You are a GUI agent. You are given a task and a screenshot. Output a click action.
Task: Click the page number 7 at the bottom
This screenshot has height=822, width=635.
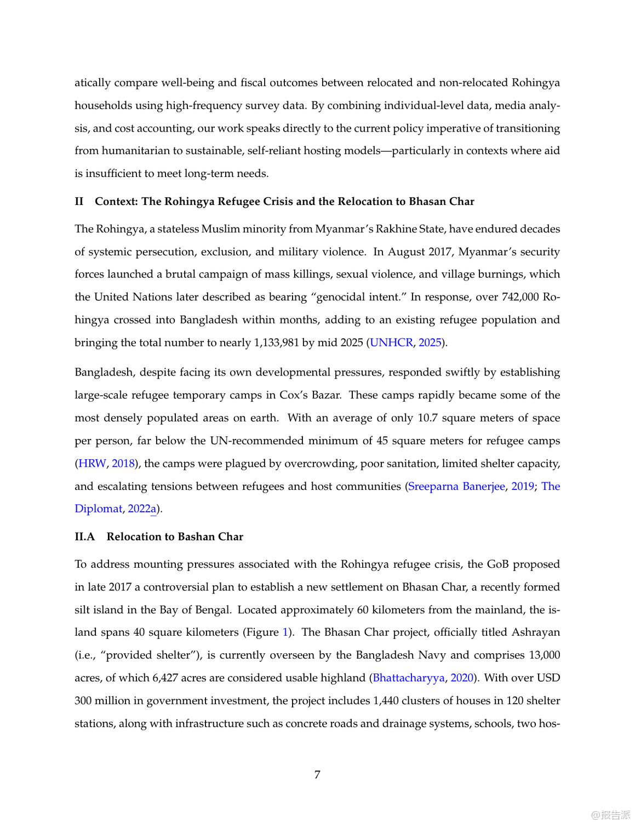[x=317, y=774]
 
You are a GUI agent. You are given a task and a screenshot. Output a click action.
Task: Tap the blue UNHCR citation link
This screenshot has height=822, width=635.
[x=391, y=342]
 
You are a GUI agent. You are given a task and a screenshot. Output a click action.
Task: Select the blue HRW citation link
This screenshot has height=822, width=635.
[x=92, y=464]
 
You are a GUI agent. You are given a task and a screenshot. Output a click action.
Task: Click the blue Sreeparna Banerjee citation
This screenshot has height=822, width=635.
[x=456, y=487]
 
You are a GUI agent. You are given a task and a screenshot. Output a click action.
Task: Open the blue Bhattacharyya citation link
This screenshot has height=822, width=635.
[x=408, y=678]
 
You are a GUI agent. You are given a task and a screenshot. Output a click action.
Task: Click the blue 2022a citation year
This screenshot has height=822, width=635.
[x=142, y=509]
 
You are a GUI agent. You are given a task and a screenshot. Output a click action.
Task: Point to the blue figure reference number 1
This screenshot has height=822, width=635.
[x=285, y=632]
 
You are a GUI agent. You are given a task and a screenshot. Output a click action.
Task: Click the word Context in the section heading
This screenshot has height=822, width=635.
[x=116, y=201]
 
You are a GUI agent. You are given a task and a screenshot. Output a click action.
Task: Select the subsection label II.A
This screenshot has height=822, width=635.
[x=84, y=536]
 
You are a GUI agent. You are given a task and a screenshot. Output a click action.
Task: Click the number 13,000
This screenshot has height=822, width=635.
[x=544, y=655]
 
